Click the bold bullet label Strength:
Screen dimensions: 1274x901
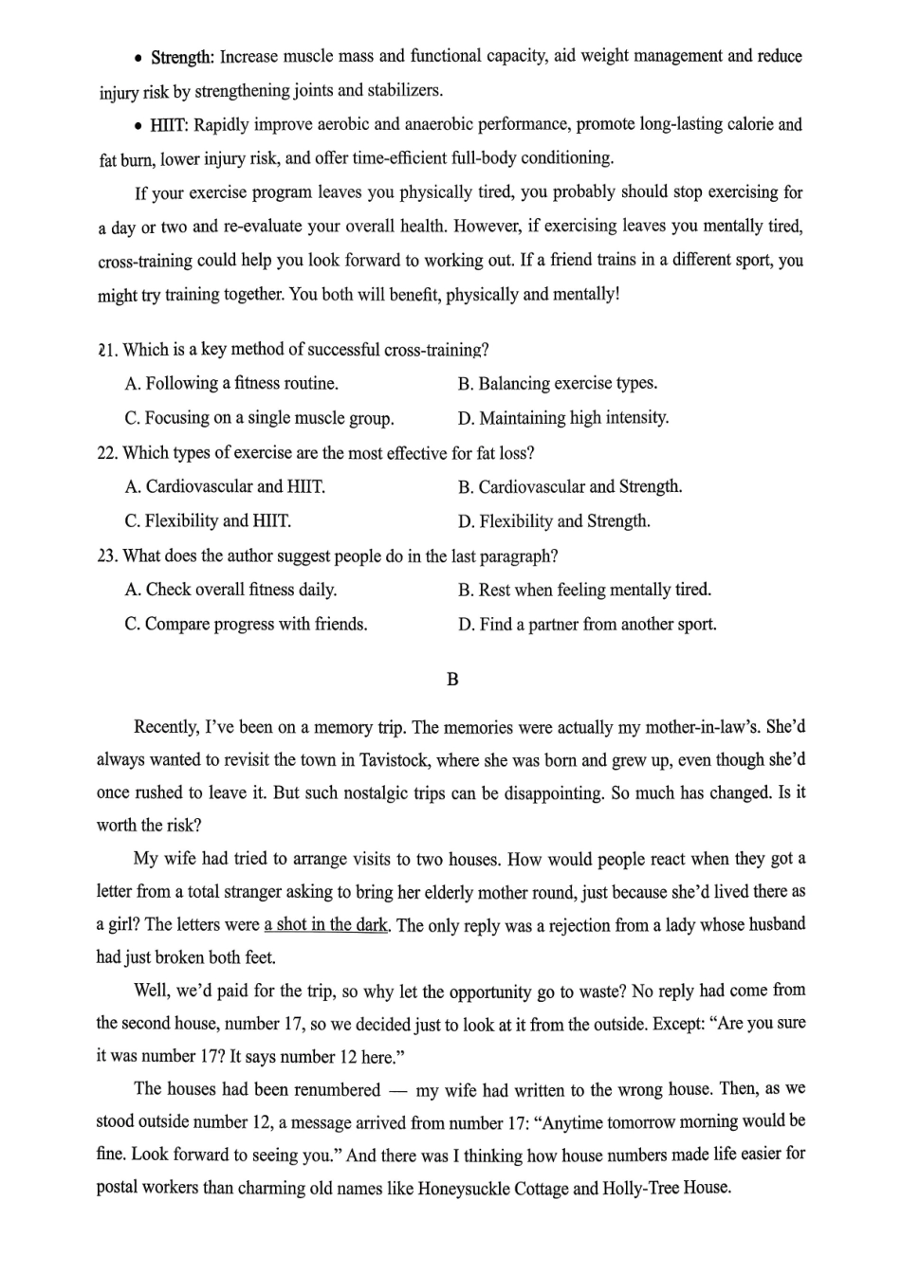tap(182, 58)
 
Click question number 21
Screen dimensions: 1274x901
tap(106, 350)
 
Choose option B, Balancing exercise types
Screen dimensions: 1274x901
tap(557, 384)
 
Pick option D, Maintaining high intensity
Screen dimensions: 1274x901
tap(562, 418)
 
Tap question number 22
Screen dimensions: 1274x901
tap(107, 453)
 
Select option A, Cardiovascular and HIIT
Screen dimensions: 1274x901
tap(225, 487)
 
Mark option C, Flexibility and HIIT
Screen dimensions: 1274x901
tap(208, 521)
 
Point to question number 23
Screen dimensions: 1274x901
tap(107, 555)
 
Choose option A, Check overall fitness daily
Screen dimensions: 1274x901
tap(230, 590)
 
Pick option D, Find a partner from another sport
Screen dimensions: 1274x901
tap(587, 624)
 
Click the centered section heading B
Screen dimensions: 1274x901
tap(451, 680)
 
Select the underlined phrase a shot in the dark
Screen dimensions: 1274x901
tap(325, 925)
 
